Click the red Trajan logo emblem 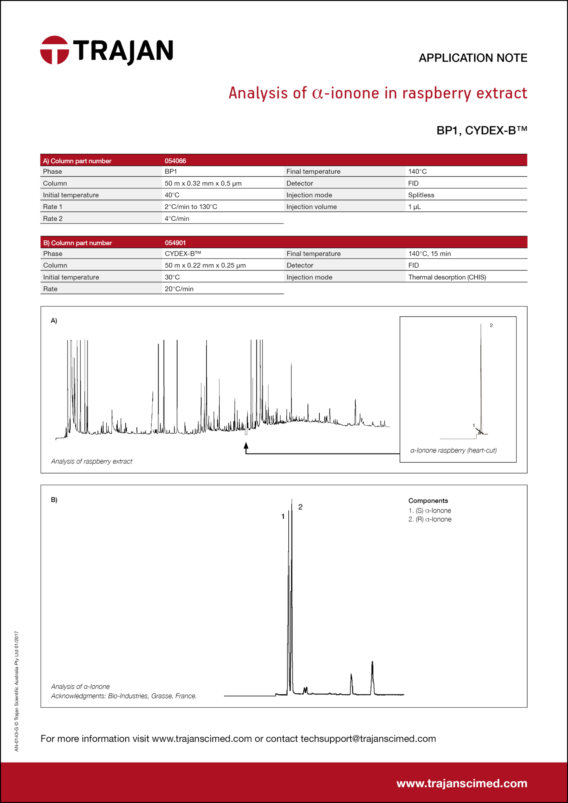[55, 50]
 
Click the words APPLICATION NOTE [473, 58]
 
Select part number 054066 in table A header [175, 161]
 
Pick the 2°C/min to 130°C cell [191, 207]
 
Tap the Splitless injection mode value [421, 195]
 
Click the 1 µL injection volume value [414, 207]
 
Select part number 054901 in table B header [175, 243]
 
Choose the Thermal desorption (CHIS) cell [447, 277]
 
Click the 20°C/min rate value [179, 289]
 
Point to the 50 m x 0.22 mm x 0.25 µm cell [205, 265]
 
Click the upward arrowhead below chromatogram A [246, 445]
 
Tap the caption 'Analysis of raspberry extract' [91, 461]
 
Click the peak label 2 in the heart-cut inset [491, 325]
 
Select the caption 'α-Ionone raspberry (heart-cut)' [453, 451]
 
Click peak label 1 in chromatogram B [283, 517]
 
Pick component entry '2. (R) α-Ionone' [430, 520]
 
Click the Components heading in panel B [428, 501]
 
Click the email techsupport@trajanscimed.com [368, 739]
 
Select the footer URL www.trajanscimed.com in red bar [462, 783]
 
